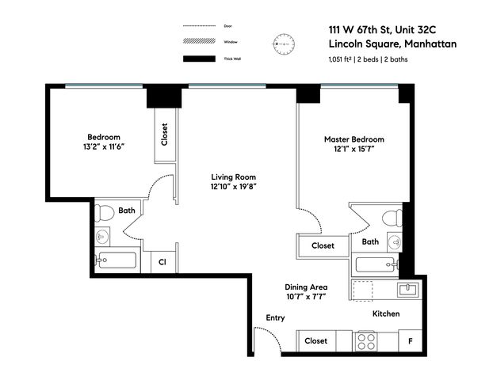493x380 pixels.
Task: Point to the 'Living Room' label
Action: click(233, 177)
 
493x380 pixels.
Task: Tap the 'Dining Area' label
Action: click(306, 287)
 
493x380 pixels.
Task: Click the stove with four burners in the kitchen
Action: click(365, 340)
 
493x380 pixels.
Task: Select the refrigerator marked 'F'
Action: click(410, 340)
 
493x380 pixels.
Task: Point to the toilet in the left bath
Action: click(104, 213)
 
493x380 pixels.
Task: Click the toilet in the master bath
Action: click(390, 218)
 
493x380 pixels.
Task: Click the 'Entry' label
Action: click(275, 317)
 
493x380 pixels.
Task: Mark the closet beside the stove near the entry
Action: click(315, 340)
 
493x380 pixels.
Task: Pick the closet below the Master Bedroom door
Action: click(322, 245)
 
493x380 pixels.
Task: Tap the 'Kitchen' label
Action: click(386, 314)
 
